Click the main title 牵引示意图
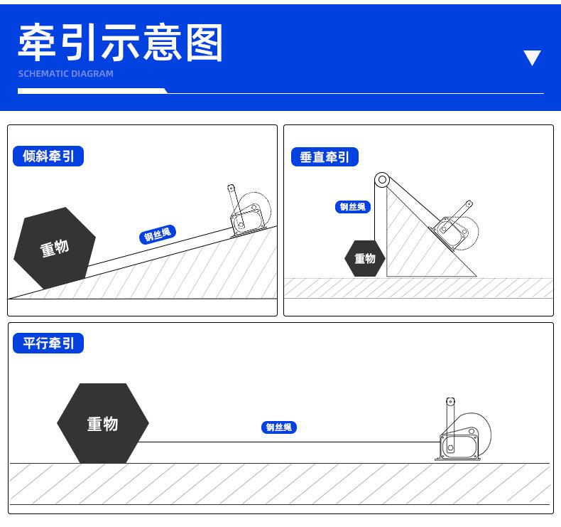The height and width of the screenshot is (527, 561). point(121,42)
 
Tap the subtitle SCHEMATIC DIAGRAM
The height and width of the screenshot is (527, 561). point(65,74)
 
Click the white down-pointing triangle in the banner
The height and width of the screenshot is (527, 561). point(532,58)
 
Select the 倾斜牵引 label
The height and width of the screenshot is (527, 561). point(48,156)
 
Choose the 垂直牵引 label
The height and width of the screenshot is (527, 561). point(325,157)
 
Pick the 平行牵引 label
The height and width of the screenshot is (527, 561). point(48,344)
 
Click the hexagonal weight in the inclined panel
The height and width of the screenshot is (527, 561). point(54,248)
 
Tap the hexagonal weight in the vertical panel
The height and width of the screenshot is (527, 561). point(365,258)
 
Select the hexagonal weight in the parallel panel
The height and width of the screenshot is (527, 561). point(102,424)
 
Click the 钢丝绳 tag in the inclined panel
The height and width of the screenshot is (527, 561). point(158,234)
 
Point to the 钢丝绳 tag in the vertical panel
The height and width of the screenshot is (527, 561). point(353,207)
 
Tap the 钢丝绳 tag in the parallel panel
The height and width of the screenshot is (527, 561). point(278,427)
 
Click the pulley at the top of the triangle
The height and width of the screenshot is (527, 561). point(382,180)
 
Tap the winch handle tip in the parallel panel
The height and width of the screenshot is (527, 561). point(450,402)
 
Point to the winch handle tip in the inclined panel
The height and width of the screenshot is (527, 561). point(230,188)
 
